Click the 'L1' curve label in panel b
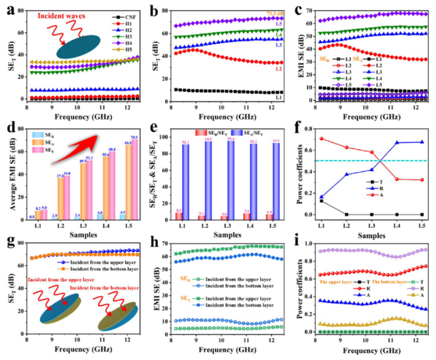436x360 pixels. [x=279, y=97]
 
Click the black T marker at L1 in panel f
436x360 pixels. [x=321, y=200]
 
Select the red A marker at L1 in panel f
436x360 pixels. [x=321, y=139]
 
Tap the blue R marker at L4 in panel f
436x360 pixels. [x=396, y=142]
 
